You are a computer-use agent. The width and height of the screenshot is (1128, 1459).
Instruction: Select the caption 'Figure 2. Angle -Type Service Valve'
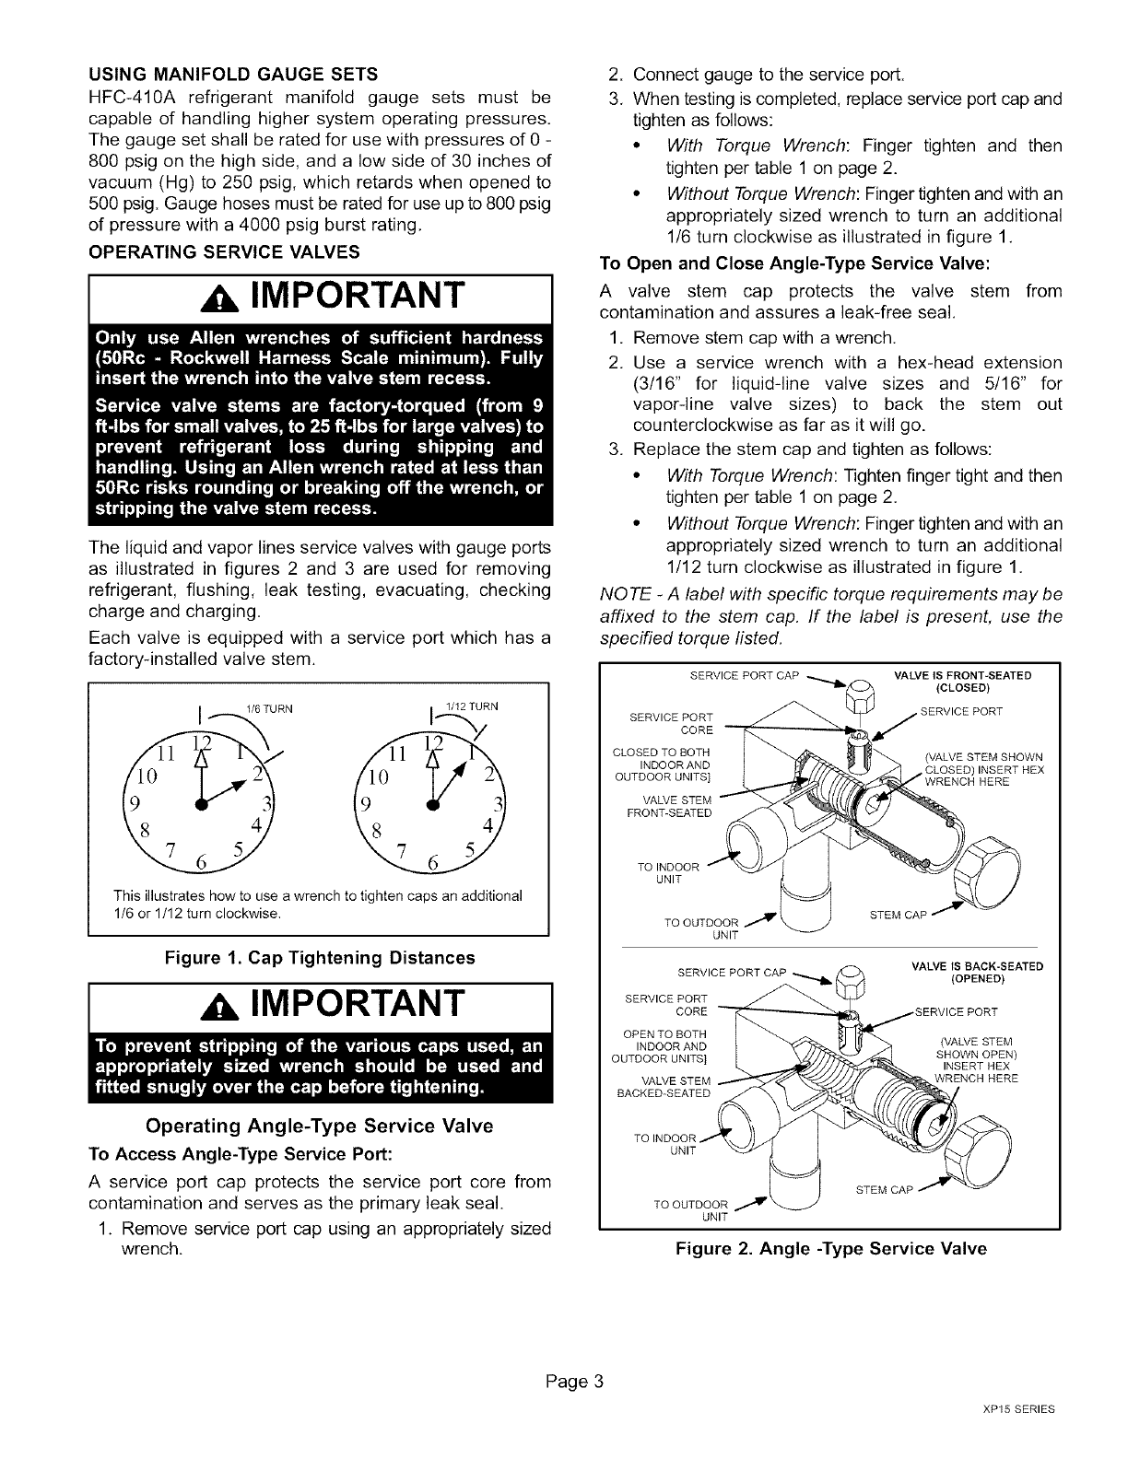click(x=830, y=1248)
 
